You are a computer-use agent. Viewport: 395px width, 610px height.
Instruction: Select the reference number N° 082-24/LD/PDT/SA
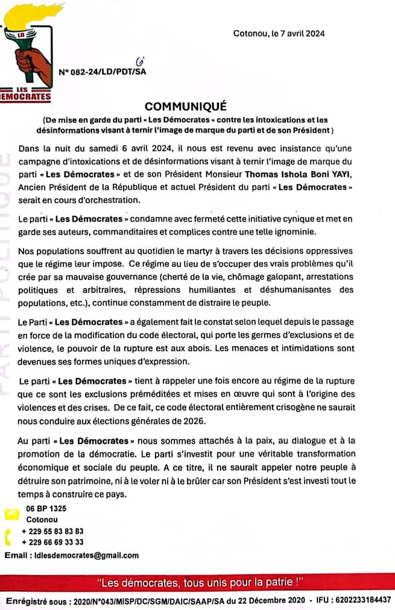point(103,72)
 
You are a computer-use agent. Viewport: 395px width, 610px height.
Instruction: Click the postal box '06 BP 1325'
point(46,508)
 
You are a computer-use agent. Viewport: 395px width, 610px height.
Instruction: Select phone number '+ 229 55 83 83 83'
point(52,532)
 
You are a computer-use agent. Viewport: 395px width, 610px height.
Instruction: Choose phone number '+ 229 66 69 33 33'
point(52,542)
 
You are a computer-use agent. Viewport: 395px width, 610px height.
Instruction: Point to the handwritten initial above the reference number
point(141,61)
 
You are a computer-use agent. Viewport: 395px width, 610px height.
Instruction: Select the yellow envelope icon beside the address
point(10,514)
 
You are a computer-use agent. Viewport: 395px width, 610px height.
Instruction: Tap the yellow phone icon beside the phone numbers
point(8,536)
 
